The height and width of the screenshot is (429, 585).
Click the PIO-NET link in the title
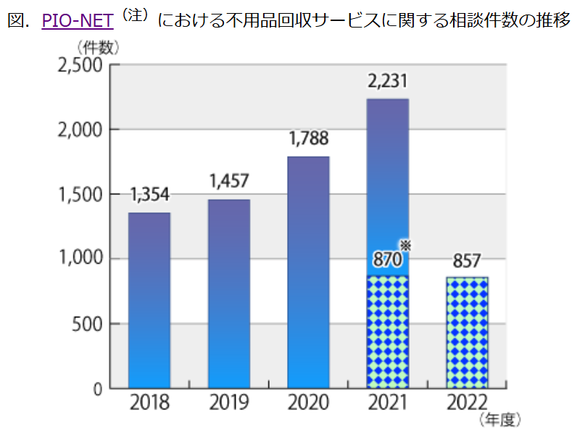78,20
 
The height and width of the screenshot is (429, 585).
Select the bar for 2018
149,300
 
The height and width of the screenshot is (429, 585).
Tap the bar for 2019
229,293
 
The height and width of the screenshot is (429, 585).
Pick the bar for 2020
309,272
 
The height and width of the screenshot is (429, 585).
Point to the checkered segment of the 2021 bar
388,332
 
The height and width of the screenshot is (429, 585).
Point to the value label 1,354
149,196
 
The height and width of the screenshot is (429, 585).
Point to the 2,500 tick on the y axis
80,65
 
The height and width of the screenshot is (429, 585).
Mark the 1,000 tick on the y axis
80,259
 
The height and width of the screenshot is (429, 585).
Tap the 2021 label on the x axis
388,403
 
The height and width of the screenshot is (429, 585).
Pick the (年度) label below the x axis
499,419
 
